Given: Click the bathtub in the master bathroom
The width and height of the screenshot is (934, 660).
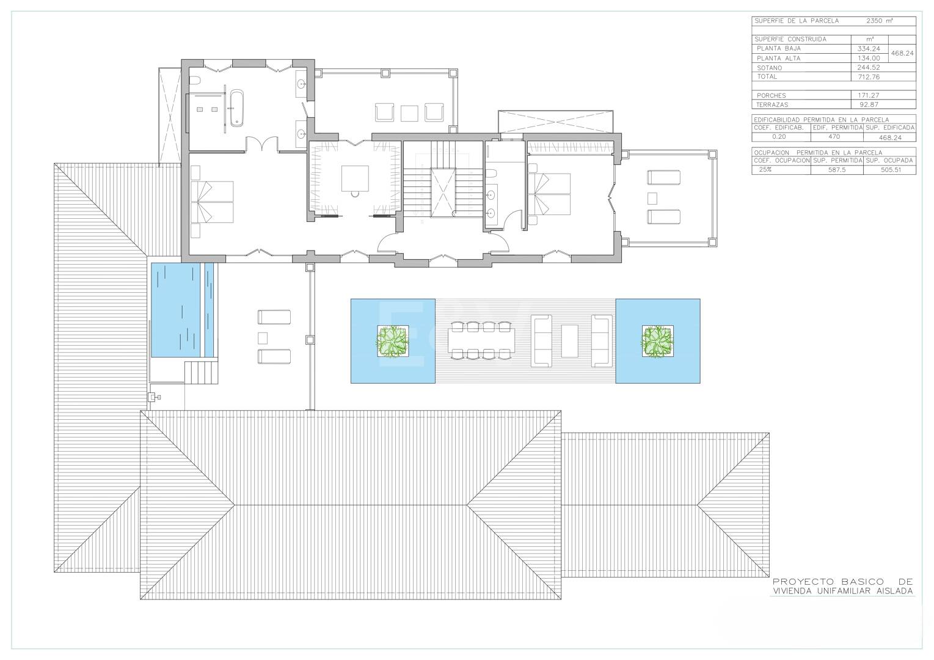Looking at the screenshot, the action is click(x=237, y=108).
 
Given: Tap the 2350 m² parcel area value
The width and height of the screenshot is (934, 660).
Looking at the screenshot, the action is click(x=880, y=21).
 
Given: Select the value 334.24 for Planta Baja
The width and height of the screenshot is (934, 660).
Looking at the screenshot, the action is click(x=869, y=49).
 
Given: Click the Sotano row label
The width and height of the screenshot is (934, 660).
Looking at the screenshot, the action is click(x=769, y=68).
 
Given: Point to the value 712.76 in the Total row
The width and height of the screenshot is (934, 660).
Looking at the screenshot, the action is click(x=869, y=77).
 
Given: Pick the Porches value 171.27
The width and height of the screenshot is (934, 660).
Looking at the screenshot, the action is click(x=869, y=95).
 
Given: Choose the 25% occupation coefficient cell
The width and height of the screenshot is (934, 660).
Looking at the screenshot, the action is click(x=765, y=169).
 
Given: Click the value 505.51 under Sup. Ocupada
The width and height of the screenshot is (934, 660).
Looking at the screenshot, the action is click(x=891, y=169).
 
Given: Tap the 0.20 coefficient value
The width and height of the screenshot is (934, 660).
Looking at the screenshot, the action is click(x=779, y=137).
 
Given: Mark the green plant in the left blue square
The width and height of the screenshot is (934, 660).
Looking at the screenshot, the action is click(x=392, y=341).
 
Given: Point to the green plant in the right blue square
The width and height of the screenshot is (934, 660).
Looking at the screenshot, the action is click(x=657, y=341).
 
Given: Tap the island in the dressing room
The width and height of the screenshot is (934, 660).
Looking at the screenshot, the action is click(x=355, y=178).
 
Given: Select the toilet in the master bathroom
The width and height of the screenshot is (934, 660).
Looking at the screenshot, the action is click(x=195, y=80).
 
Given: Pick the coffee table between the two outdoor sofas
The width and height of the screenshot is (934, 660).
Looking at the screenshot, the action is click(x=569, y=341).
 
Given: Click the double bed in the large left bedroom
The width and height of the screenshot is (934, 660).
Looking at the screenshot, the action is click(x=212, y=202).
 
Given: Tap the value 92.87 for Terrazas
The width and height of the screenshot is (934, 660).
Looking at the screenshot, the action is click(x=869, y=105).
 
